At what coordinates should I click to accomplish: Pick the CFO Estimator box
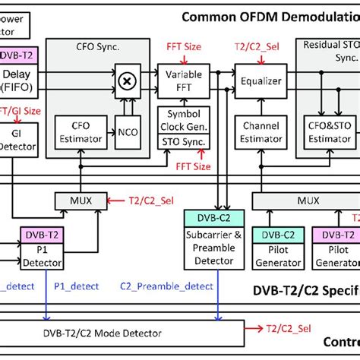[x=74, y=131]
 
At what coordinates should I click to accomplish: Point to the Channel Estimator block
[x=260, y=131]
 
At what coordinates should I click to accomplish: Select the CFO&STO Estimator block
[x=329, y=131]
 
